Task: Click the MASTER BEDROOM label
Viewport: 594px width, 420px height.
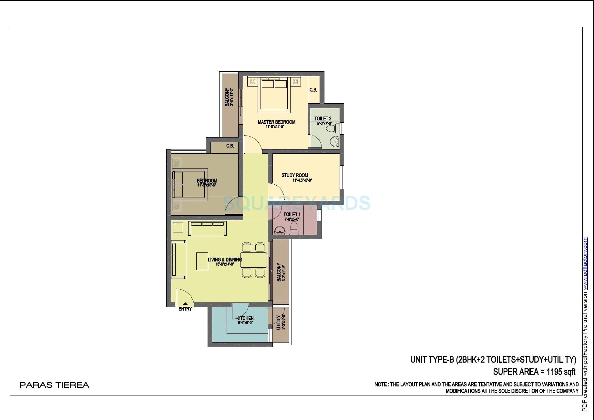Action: click(x=276, y=122)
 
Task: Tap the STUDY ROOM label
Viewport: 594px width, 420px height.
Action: click(x=295, y=175)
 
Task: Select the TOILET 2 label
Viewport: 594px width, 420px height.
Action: click(x=323, y=118)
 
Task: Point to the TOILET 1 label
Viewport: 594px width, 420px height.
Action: click(x=292, y=214)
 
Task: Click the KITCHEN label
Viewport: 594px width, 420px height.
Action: click(x=245, y=318)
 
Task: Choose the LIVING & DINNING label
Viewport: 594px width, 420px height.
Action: click(x=225, y=260)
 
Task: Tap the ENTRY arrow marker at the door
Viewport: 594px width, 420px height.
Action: click(x=185, y=303)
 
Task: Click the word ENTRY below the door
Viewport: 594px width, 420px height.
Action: click(x=185, y=309)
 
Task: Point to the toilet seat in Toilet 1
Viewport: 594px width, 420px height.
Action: click(x=294, y=228)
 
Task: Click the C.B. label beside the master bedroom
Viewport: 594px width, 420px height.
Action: click(x=313, y=90)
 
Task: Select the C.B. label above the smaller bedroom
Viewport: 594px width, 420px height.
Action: click(x=230, y=146)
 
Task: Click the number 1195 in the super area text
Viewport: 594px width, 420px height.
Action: click(x=554, y=372)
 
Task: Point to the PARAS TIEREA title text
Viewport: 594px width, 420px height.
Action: click(x=55, y=385)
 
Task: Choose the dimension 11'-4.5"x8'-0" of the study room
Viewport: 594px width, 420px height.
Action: click(x=302, y=180)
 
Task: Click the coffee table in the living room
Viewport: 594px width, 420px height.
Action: click(x=202, y=261)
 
